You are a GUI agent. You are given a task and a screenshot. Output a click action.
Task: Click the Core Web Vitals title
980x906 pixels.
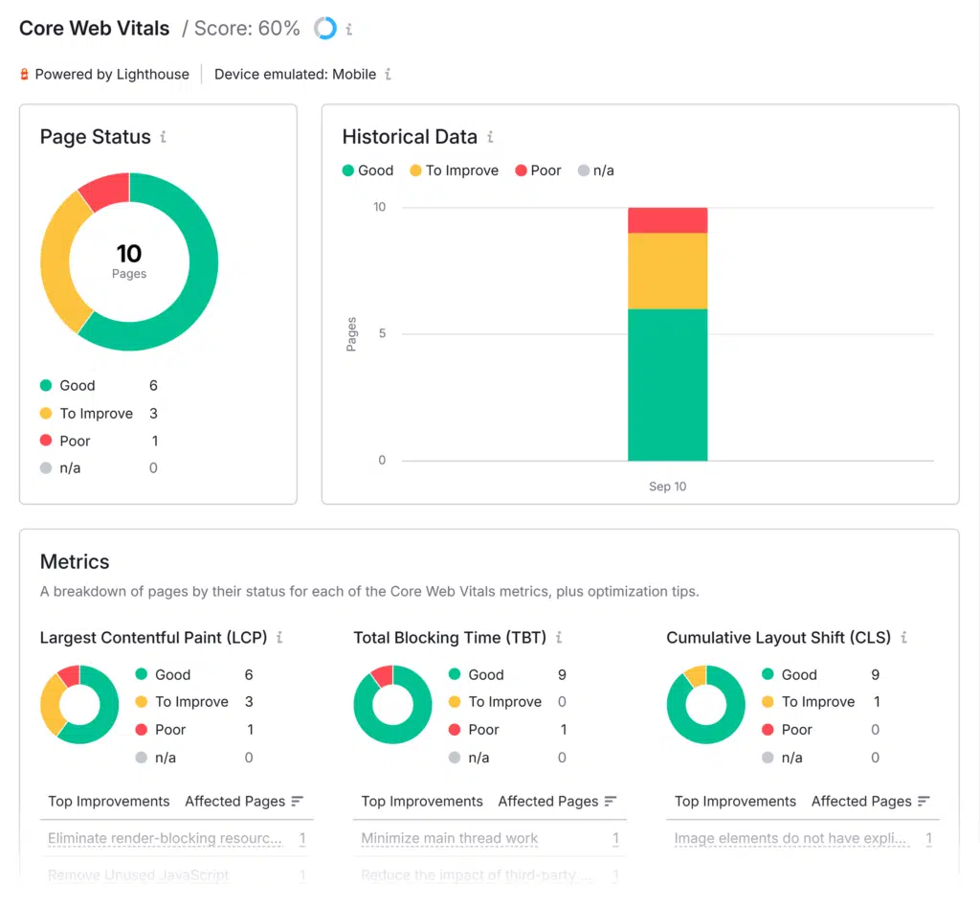click(95, 28)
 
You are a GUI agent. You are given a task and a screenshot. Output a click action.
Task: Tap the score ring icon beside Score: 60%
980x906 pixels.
click(325, 29)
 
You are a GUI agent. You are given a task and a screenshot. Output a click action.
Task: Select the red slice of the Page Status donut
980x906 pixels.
click(105, 190)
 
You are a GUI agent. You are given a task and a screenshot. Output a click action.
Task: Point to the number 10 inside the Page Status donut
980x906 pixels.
click(129, 253)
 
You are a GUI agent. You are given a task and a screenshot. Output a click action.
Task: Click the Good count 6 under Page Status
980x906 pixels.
click(153, 385)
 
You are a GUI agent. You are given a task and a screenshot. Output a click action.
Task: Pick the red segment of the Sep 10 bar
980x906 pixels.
click(667, 220)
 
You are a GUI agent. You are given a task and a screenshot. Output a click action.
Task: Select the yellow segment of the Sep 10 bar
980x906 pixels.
click(667, 271)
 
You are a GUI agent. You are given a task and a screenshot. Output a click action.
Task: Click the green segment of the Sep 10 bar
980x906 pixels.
click(667, 384)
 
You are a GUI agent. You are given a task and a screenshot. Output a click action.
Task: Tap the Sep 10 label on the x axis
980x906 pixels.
click(667, 487)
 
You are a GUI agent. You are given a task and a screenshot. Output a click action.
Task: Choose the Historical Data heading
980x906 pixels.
click(410, 137)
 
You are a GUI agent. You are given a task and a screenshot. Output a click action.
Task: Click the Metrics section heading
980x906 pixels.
click(75, 562)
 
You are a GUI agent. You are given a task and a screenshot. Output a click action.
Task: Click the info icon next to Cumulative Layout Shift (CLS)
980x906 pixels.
click(903, 637)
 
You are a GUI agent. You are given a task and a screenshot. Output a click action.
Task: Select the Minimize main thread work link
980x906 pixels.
click(450, 838)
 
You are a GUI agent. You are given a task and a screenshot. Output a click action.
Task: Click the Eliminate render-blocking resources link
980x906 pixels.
click(165, 838)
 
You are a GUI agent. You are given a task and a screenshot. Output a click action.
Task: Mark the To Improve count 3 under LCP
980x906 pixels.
click(249, 702)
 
